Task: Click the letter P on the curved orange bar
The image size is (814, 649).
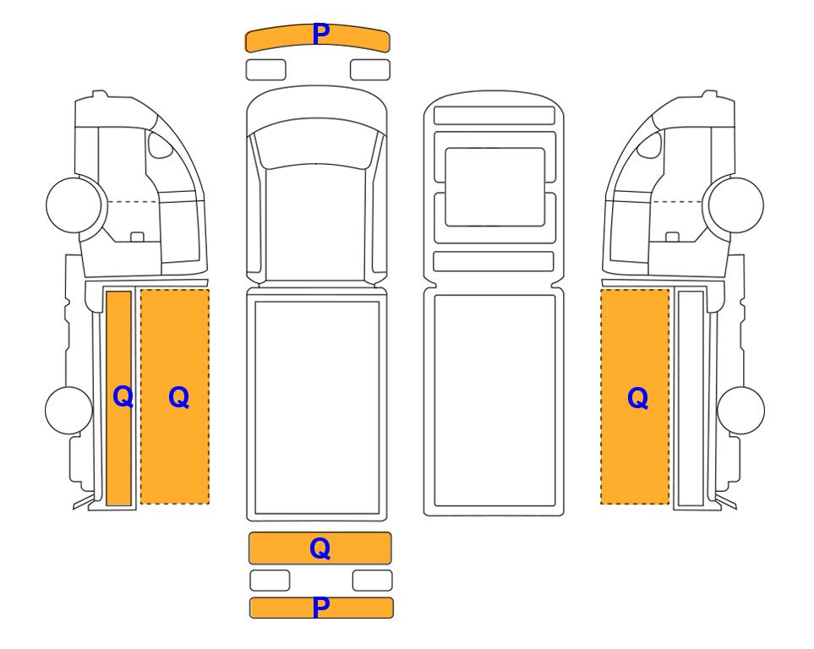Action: [x=321, y=35]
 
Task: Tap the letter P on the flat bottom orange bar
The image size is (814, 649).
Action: [x=321, y=608]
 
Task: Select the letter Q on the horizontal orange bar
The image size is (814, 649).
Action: [x=320, y=548]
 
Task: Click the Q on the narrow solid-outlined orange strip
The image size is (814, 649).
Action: [x=123, y=397]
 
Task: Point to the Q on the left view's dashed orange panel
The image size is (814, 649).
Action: [x=178, y=398]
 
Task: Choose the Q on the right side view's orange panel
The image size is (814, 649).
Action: [x=638, y=399]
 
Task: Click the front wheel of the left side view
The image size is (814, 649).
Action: [x=74, y=205]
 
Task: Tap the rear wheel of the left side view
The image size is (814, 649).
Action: [x=69, y=410]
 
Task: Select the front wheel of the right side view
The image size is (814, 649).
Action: [x=736, y=205]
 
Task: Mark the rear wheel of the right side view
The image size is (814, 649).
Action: [x=740, y=410]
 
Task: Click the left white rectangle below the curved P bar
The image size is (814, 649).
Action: [x=265, y=70]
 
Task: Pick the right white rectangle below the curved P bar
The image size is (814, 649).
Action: [x=370, y=70]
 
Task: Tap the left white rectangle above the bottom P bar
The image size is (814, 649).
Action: [x=270, y=581]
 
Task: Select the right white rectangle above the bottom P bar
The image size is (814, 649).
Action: [x=373, y=581]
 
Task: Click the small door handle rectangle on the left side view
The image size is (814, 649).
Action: [x=137, y=237]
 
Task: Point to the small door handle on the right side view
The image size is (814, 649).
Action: [x=672, y=237]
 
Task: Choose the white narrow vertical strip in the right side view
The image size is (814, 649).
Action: [x=691, y=398]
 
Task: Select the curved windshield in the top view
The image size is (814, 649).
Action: [x=317, y=142]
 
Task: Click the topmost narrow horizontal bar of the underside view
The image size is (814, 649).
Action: [x=494, y=115]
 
